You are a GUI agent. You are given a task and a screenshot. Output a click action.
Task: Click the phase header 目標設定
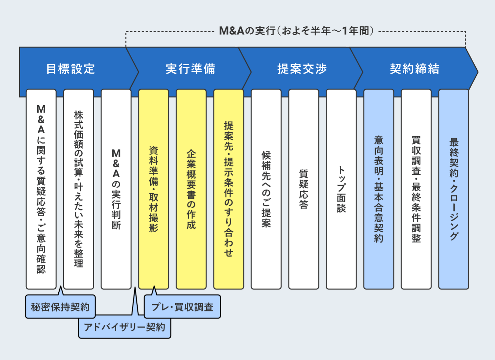click(71, 69)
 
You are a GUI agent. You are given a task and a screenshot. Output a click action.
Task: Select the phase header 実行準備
click(191, 69)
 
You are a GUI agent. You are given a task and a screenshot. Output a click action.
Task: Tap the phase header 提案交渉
click(302, 69)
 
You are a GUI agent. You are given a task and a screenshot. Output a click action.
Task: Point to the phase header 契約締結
click(415, 69)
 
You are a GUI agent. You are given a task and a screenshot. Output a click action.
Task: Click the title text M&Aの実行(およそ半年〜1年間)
click(296, 31)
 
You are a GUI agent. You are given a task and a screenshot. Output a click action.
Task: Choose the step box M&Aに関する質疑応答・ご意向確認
click(41, 189)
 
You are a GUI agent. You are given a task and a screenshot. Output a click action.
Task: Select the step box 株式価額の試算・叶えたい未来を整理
click(78, 189)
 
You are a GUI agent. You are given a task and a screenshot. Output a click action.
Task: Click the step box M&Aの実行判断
click(116, 189)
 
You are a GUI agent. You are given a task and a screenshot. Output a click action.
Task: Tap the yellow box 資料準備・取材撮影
click(154, 189)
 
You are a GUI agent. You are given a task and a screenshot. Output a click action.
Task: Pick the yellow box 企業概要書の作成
click(191, 189)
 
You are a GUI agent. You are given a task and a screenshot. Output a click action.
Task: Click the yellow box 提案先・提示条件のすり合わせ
click(229, 189)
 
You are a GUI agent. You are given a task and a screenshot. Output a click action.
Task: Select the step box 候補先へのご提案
click(266, 189)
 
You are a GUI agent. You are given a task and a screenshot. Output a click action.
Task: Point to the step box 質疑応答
click(304, 189)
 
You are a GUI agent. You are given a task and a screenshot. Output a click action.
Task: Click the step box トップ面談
click(341, 189)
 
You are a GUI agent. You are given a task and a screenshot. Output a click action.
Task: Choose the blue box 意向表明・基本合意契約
click(378, 189)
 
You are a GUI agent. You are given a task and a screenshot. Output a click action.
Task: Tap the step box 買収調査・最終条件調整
click(416, 189)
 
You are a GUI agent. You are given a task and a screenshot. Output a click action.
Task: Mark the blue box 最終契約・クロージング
click(454, 189)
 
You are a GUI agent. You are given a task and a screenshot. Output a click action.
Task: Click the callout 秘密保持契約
click(60, 307)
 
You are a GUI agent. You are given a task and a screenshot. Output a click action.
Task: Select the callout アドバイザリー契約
click(124, 327)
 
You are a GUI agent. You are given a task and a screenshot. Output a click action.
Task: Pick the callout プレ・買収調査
click(182, 307)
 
